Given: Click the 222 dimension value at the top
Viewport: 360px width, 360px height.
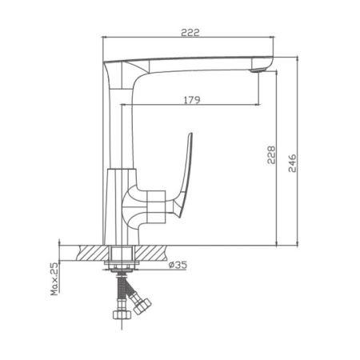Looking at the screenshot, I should (x=188, y=33).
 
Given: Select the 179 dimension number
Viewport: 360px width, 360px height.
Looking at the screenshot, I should (x=190, y=98).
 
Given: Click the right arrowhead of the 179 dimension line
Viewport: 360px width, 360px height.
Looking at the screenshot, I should (x=257, y=106).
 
